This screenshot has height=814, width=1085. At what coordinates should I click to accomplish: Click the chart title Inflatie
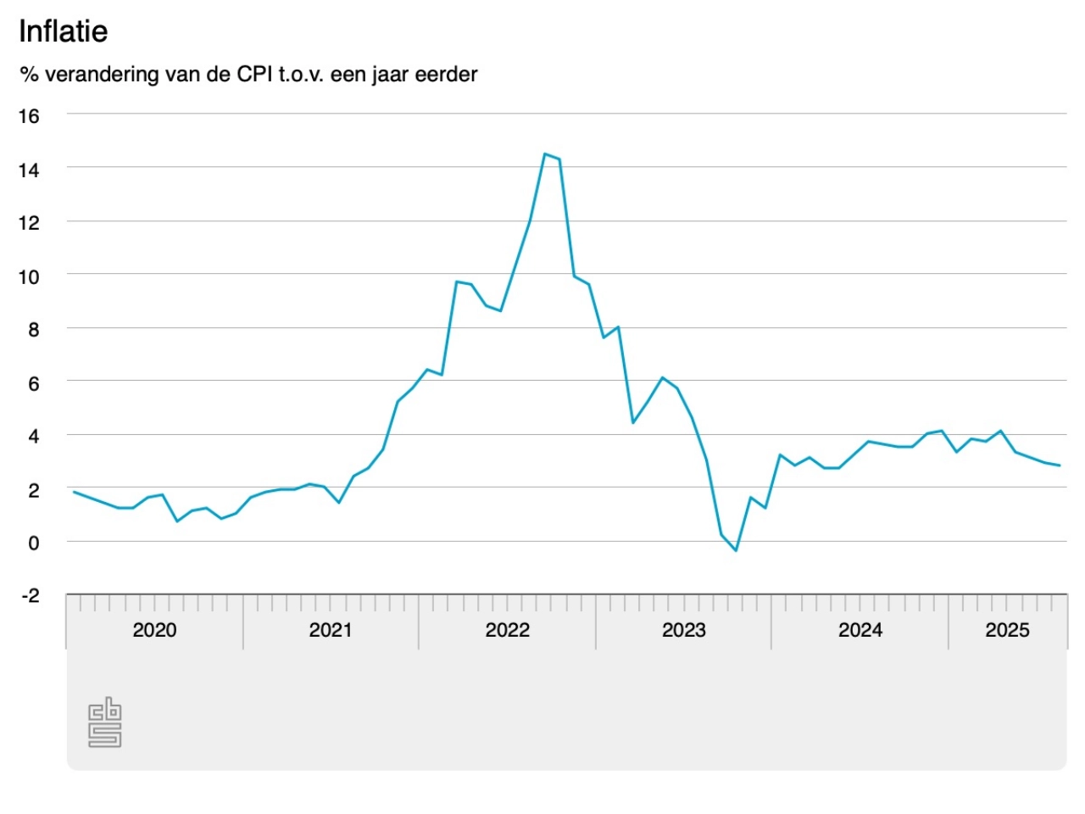pos(64,31)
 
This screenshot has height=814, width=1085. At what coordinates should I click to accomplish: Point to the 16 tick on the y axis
pos(29,116)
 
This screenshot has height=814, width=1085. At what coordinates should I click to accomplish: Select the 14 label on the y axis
pos(29,170)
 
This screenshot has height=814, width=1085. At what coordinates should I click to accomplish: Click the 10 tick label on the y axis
pos(29,277)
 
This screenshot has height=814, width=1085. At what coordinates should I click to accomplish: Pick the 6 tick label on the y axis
pos(33,384)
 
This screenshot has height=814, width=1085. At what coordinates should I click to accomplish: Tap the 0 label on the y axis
pos(33,543)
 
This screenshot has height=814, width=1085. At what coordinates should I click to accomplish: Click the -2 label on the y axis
pos(31,596)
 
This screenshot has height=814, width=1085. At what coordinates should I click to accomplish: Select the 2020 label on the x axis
pos(154,630)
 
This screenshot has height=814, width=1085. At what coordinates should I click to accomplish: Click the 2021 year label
pos(331,630)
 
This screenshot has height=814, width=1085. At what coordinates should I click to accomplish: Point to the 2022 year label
pos(507,630)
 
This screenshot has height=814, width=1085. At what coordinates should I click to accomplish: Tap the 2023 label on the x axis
pos(683,630)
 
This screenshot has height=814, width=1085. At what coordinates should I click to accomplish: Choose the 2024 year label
pos(860,630)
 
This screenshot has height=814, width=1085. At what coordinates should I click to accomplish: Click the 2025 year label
pos(1007,630)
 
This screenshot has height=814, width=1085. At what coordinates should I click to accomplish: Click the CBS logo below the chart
pos(105,722)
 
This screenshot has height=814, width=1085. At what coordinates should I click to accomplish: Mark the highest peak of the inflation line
pos(545,154)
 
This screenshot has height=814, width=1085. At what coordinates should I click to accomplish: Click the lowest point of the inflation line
pos(736,550)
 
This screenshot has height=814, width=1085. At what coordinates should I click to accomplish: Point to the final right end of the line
pos(1060,466)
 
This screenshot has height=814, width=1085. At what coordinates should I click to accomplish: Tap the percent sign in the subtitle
pos(29,75)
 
